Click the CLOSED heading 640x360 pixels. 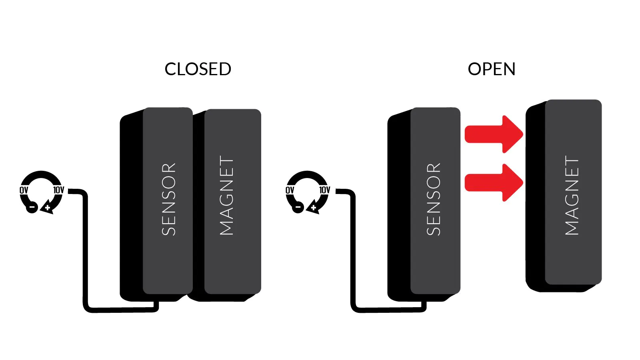click(198, 69)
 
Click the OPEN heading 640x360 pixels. click(492, 69)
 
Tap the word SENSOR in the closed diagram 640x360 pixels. click(169, 199)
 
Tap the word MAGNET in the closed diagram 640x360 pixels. click(226, 195)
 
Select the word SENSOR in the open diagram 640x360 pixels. click(434, 199)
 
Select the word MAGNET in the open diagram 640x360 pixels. click(572, 195)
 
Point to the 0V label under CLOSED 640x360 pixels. click(24, 190)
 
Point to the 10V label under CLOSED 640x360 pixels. click(58, 190)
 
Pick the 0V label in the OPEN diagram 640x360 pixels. click(290, 190)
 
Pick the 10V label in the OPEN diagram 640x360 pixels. click(324, 190)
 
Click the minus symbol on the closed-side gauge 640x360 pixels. click(32, 207)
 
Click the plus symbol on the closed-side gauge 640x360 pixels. click(48, 208)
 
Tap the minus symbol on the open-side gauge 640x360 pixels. click(298, 207)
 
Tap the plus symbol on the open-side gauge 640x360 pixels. click(314, 208)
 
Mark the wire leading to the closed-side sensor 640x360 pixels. click(85, 256)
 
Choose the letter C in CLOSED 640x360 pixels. click(171, 69)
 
